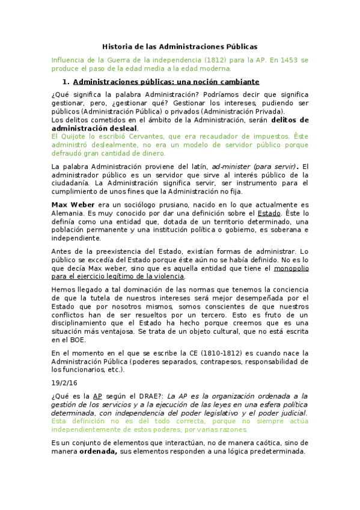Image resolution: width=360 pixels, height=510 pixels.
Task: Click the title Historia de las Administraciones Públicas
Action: [180, 46]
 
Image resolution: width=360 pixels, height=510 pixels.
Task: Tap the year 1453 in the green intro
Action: [284, 61]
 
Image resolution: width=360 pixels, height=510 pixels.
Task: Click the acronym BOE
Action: [72, 339]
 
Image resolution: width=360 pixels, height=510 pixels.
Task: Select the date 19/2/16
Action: [64, 382]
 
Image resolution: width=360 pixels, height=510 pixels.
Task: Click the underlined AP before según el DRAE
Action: [97, 396]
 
